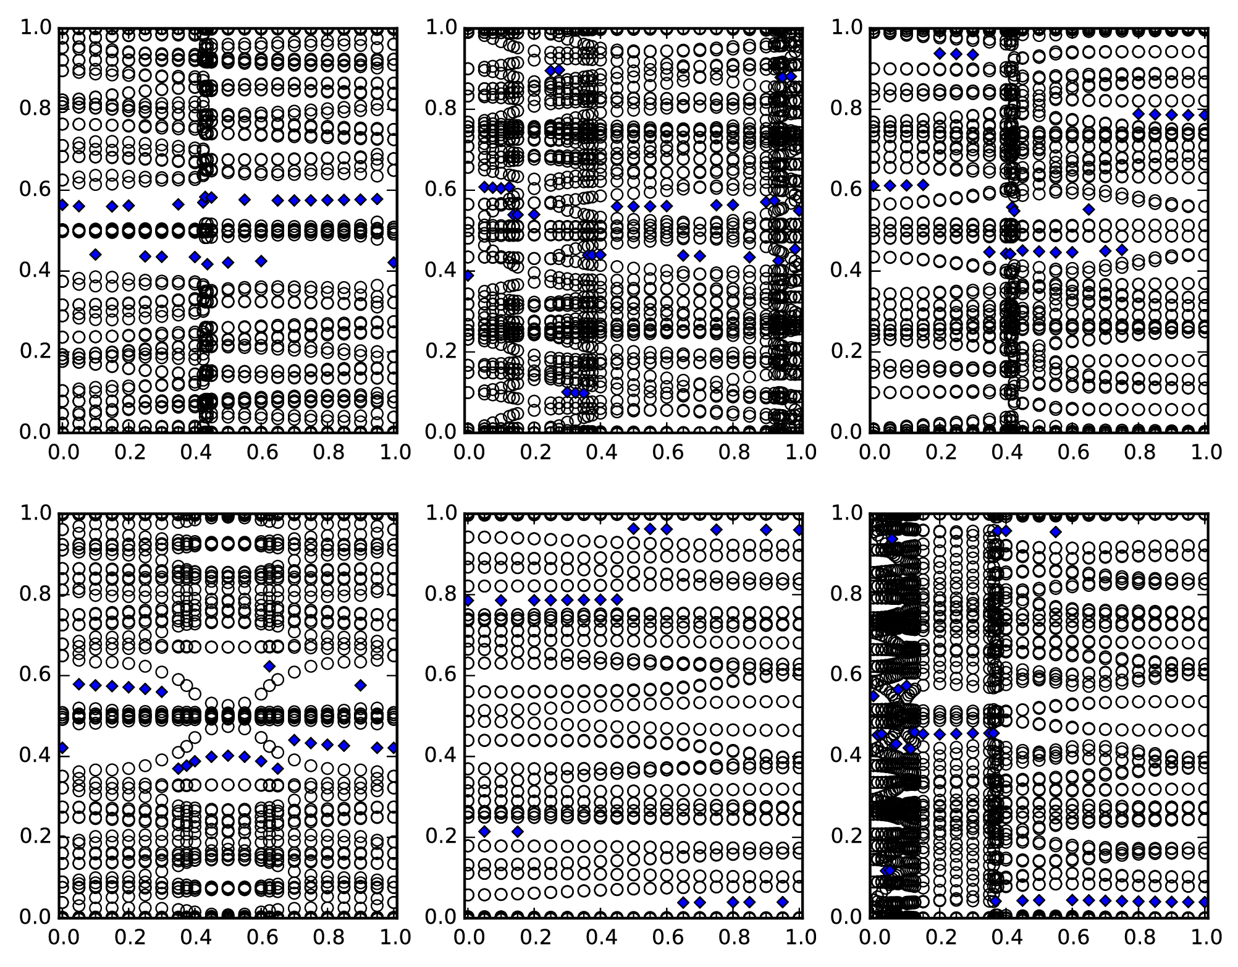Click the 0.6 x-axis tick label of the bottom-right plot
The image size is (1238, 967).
1072,937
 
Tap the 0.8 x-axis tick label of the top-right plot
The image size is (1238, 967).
1140,452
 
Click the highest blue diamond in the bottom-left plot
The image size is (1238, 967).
269,665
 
